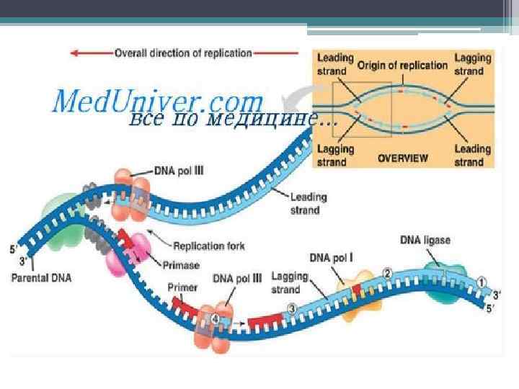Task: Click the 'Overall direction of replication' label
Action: point(183,53)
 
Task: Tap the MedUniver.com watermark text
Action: point(157,100)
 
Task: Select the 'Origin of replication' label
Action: point(403,65)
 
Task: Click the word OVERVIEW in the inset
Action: point(403,158)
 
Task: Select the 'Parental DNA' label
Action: point(45,276)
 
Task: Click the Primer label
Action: point(182,287)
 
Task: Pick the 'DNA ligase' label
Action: point(426,238)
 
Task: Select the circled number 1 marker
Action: point(482,282)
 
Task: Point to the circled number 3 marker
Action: point(291,308)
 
